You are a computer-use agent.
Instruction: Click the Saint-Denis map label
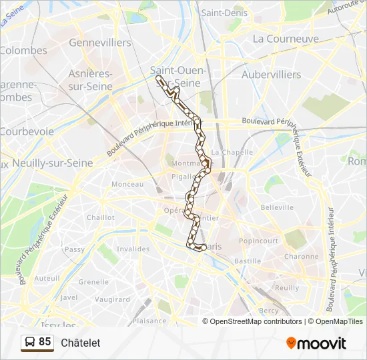click(224, 13)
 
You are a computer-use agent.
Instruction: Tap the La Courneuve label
click(286, 39)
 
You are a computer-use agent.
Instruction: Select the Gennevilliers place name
click(100, 42)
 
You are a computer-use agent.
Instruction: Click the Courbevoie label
click(27, 131)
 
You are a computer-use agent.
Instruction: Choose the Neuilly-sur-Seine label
click(50, 163)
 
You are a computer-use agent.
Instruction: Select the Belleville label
click(277, 208)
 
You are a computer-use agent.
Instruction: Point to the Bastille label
click(248, 261)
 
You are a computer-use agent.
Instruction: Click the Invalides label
click(133, 249)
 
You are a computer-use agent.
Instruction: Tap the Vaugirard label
click(112, 299)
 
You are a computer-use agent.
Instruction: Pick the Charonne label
click(301, 256)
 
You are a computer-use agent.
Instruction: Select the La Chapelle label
click(236, 152)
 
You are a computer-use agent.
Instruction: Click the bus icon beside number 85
click(29, 343)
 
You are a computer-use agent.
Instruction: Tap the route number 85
click(45, 342)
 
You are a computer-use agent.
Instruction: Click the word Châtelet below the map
click(80, 343)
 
